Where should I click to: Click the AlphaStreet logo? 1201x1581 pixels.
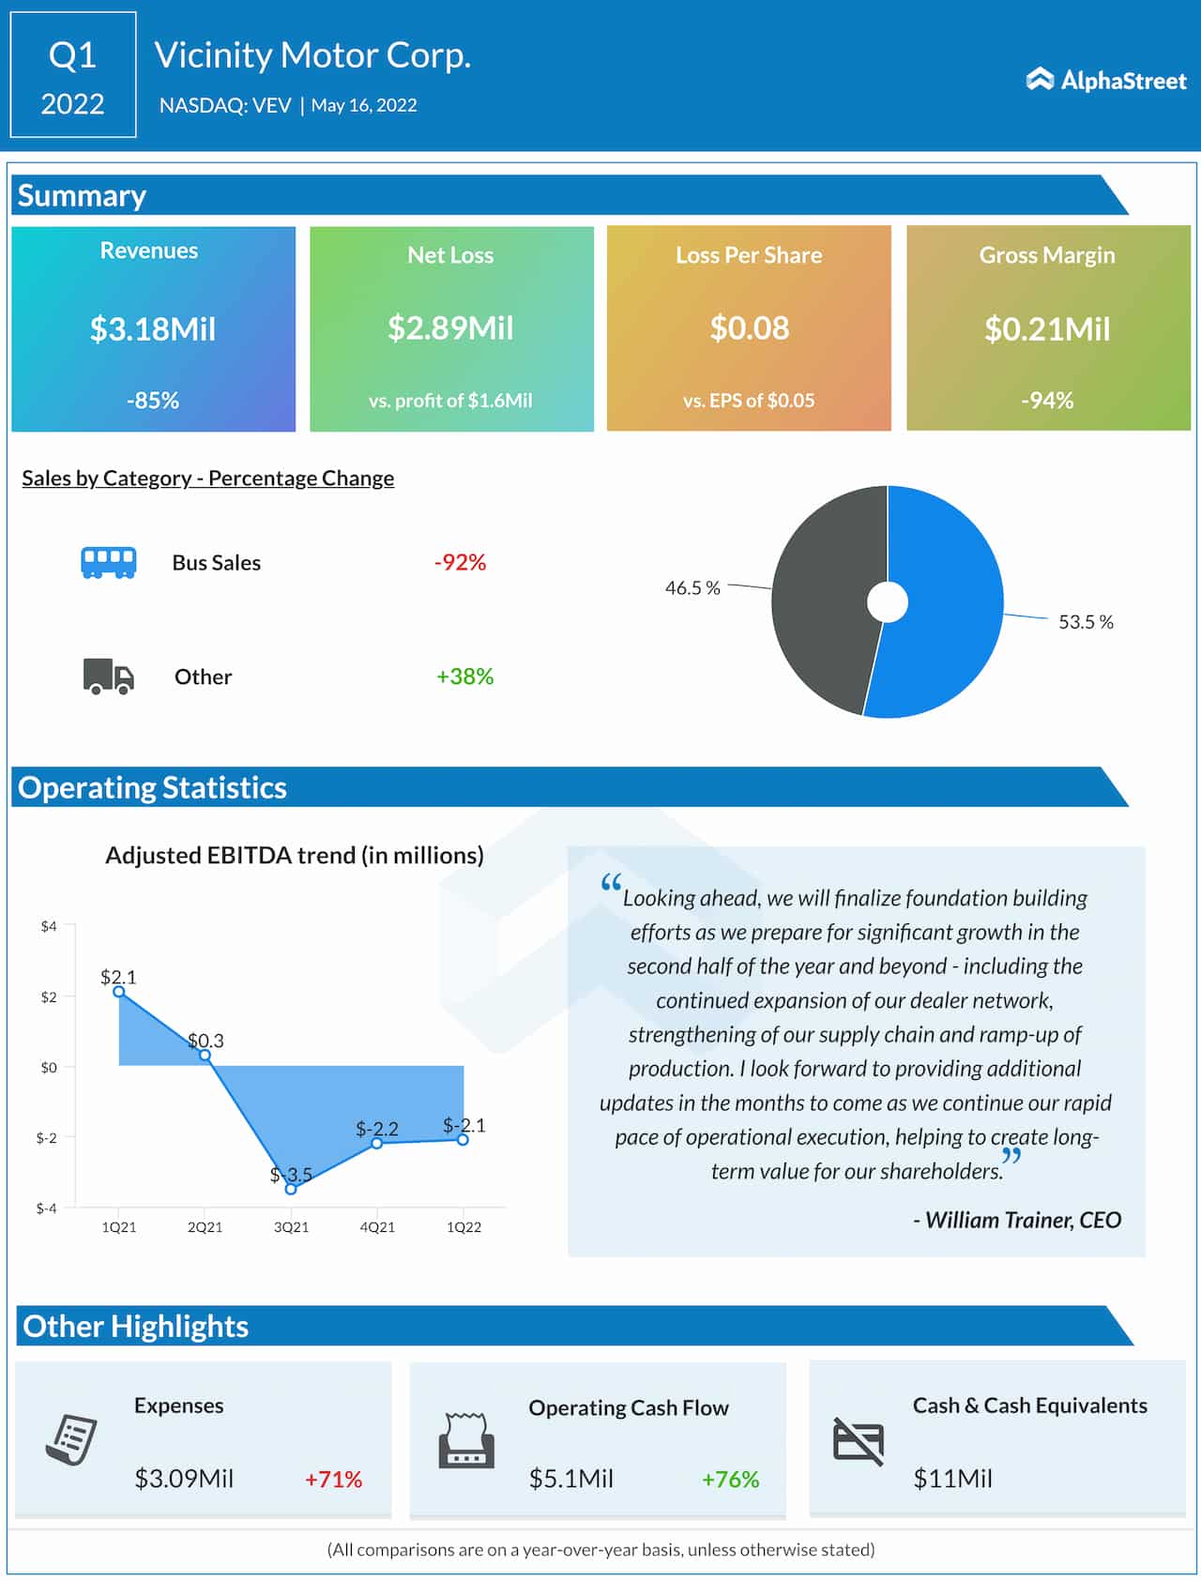coord(1106,81)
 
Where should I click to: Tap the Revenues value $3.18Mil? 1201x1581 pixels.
coord(153,329)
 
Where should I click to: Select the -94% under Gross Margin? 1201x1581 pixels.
coord(1047,401)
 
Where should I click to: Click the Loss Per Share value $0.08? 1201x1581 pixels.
coord(749,328)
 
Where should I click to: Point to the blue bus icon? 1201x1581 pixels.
coord(109,563)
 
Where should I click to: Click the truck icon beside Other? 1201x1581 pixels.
coord(109,676)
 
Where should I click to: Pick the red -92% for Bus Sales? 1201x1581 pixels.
coord(460,563)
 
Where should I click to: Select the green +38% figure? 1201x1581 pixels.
coord(464,676)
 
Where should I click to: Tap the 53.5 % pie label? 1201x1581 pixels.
coord(1086,622)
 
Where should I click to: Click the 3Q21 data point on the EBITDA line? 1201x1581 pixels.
coord(291,1189)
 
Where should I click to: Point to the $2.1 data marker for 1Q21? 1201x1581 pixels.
coord(119,992)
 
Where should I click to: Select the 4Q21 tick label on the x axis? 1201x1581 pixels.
coord(377,1227)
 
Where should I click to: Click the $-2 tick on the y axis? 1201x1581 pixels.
coord(46,1138)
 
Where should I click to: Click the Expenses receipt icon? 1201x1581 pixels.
coord(72,1439)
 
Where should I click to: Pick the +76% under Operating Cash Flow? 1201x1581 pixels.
coord(730,1480)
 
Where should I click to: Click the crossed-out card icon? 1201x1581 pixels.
coord(859,1441)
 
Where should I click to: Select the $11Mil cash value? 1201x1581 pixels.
coord(952,1479)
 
